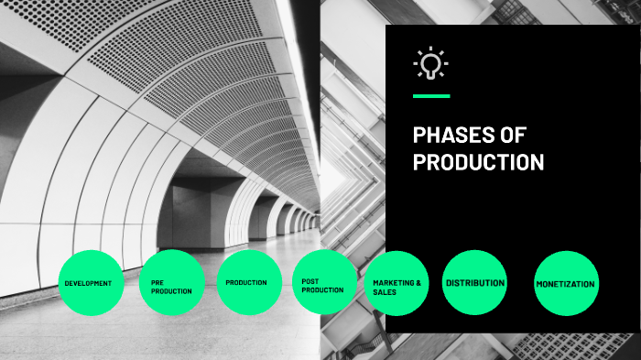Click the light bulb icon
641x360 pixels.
click(430, 63)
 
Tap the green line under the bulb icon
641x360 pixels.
click(431, 95)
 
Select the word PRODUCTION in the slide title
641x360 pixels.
click(478, 163)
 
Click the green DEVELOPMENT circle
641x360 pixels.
click(88, 283)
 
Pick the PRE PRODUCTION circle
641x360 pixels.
click(172, 283)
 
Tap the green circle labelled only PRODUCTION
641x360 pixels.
click(246, 283)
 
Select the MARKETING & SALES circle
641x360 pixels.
click(398, 283)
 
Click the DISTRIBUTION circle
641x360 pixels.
click(474, 283)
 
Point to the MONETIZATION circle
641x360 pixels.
click(565, 283)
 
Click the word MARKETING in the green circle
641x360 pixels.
click(390, 283)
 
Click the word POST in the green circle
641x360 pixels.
click(310, 281)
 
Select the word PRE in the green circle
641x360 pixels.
click(158, 283)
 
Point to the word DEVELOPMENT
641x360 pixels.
click(88, 283)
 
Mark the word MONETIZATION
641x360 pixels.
click(565, 284)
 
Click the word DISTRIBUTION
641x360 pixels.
click(475, 283)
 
